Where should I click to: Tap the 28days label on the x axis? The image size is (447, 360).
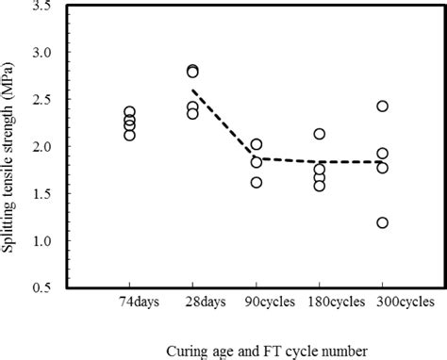point(192,304)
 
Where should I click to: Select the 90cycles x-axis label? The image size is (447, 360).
point(256,304)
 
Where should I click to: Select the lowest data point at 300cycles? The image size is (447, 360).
point(382,223)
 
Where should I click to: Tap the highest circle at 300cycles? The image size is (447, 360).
point(382,106)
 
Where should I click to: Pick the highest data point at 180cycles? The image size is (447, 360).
point(319,134)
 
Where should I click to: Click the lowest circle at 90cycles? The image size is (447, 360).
point(256,182)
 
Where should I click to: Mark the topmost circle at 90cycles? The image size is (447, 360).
point(256,144)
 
